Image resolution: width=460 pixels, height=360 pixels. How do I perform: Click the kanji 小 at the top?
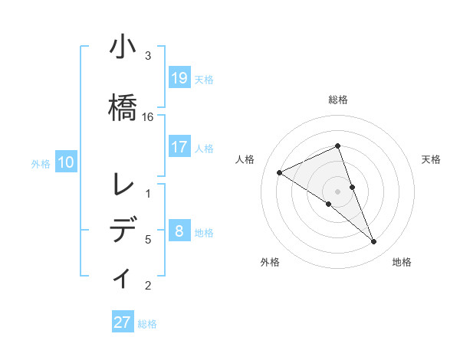[x=123, y=47]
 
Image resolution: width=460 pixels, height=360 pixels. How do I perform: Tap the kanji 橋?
[x=123, y=105]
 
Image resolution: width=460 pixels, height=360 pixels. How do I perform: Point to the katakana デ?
[x=123, y=230]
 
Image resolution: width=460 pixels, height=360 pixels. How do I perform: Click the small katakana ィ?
[x=123, y=277]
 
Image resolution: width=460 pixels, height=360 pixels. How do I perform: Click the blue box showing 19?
[x=179, y=78]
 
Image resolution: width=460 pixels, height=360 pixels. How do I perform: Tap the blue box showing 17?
[x=179, y=147]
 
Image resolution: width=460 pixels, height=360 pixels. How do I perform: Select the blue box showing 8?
[x=179, y=231]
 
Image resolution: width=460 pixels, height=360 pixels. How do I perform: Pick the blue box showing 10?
[x=66, y=162]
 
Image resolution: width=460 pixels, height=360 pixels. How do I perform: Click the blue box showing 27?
[x=123, y=322]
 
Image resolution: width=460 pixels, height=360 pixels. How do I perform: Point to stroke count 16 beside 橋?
[x=148, y=117]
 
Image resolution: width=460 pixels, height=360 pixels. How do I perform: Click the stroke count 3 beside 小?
[x=148, y=56]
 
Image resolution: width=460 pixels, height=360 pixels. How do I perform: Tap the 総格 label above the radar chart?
[x=338, y=100]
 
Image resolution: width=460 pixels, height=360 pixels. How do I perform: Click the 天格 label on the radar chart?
[x=432, y=159]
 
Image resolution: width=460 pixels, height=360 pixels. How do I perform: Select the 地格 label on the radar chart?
[x=402, y=262]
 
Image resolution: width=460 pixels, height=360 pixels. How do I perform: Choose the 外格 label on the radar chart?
[x=270, y=262]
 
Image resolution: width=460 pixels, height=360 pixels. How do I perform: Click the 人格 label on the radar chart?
[x=245, y=159]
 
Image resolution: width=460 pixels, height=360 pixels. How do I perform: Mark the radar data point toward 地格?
[x=374, y=242]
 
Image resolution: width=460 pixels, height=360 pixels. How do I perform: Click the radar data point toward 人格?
[x=279, y=172]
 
